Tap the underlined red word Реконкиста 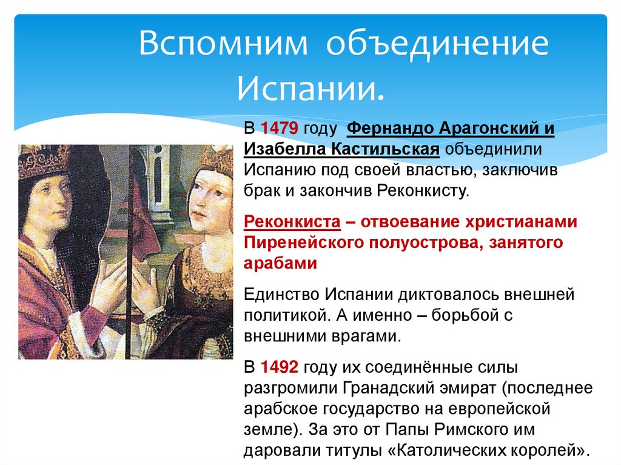click(x=291, y=222)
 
